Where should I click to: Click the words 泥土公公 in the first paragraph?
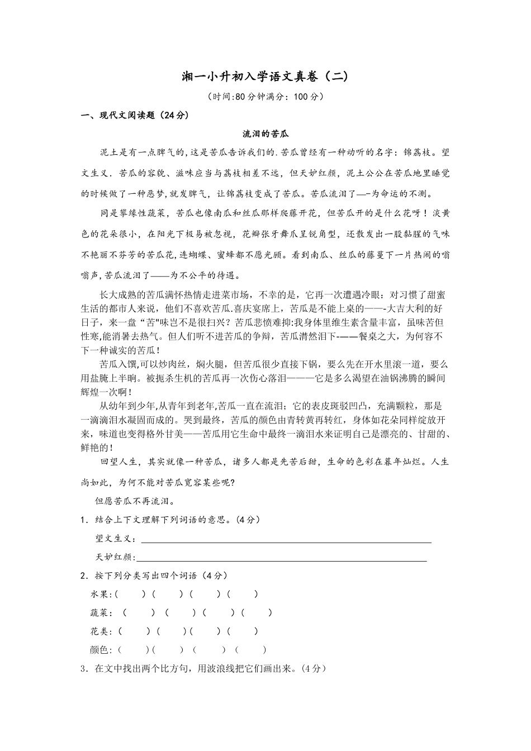[x=364, y=173]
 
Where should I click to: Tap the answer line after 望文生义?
[x=286, y=540]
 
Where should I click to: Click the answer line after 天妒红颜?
[x=282, y=558]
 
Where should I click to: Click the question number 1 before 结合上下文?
[x=83, y=520]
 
